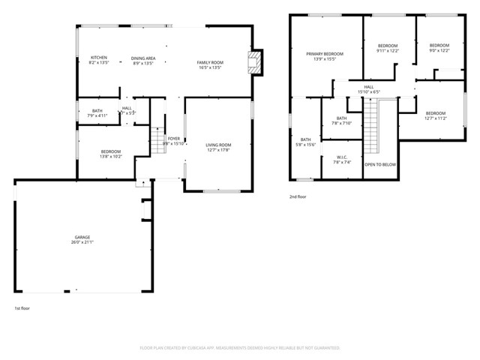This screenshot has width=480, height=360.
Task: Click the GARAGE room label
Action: click(x=82, y=239)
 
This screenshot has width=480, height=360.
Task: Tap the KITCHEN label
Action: click(x=100, y=61)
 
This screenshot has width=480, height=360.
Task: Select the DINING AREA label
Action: click(x=142, y=61)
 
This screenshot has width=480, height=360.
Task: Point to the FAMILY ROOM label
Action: click(x=210, y=64)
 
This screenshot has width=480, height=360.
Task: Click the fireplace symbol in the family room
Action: click(x=256, y=62)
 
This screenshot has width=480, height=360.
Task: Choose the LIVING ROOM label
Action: click(x=218, y=148)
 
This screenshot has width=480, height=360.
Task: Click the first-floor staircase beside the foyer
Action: click(x=157, y=139)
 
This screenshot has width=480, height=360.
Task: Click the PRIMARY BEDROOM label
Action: click(x=324, y=56)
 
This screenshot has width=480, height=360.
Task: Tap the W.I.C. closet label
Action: click(x=341, y=159)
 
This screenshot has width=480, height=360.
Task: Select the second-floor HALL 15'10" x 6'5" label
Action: click(x=369, y=90)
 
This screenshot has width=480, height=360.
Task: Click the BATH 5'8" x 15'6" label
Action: click(x=305, y=142)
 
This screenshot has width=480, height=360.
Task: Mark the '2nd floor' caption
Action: click(x=298, y=197)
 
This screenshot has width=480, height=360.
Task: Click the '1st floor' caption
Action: click(x=22, y=308)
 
